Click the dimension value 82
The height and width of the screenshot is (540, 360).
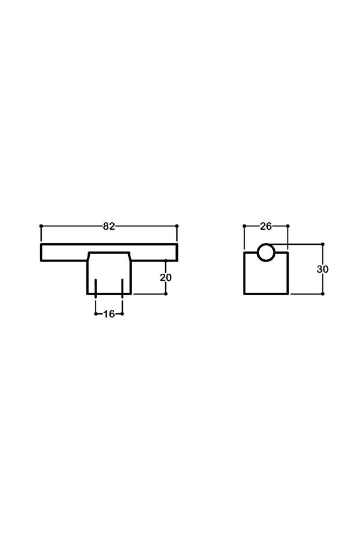pyautogui.click(x=109, y=226)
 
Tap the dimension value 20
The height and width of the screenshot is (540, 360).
pyautogui.click(x=166, y=277)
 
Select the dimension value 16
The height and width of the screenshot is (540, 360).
pyautogui.click(x=109, y=314)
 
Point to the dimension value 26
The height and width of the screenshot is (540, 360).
pyautogui.click(x=266, y=226)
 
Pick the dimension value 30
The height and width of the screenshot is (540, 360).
pyautogui.click(x=322, y=269)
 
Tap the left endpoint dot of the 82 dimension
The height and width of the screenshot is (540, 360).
pyautogui.click(x=41, y=226)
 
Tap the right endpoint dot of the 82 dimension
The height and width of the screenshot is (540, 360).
pyautogui.click(x=177, y=226)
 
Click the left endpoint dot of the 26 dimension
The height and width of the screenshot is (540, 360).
pyautogui.click(x=244, y=226)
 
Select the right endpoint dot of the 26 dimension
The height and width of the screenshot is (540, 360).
pyautogui.click(x=288, y=226)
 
